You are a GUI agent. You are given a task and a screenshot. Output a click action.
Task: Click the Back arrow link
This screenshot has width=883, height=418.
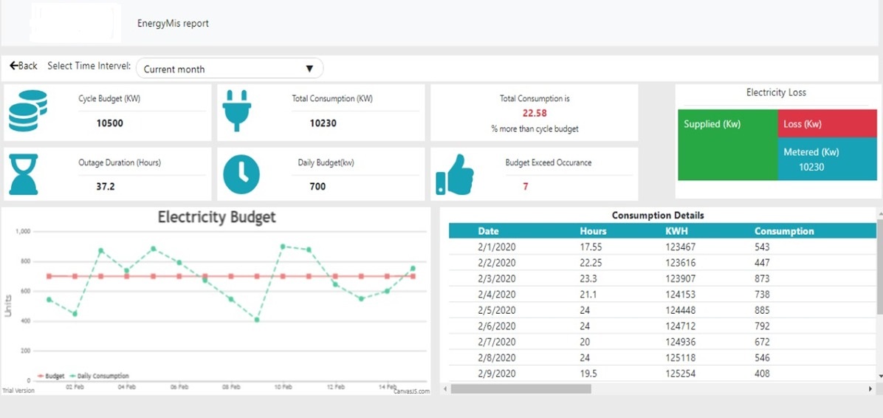(24, 66)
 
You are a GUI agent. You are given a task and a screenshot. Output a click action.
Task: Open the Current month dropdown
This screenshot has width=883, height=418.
(230, 69)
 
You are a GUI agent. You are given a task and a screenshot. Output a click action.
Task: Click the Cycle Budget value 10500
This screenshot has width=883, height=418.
(110, 123)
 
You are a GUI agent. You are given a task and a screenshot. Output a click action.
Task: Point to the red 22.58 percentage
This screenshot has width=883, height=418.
(535, 113)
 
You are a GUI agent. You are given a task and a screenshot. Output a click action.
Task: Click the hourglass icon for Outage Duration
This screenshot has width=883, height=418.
(24, 174)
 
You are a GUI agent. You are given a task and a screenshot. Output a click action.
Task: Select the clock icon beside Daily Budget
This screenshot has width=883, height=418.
(241, 174)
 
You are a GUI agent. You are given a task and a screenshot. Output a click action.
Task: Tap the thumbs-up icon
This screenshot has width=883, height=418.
(455, 174)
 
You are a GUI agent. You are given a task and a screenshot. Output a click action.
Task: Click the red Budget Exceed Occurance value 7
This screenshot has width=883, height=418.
(526, 186)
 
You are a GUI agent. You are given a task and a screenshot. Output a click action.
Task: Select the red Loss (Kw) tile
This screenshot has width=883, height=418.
(827, 124)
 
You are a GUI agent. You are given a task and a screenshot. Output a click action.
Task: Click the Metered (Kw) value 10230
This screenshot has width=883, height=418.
(811, 167)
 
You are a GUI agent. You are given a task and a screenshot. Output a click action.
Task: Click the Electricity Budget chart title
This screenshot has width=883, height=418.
(217, 217)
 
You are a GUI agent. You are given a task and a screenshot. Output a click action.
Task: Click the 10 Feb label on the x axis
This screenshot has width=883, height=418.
(284, 387)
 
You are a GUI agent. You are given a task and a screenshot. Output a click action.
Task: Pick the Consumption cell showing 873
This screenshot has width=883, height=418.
(762, 278)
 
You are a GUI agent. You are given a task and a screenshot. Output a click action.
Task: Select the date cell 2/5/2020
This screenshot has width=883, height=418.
(497, 310)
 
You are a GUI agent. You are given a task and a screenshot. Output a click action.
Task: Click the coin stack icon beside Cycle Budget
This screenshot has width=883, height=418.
(27, 111)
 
